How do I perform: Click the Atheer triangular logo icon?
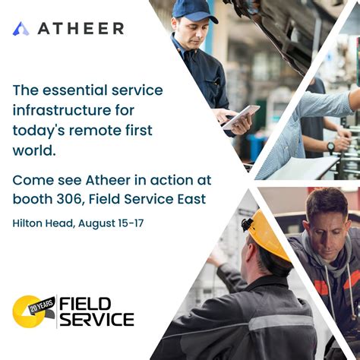click(x=21, y=29)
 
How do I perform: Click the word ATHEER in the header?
click(x=81, y=29)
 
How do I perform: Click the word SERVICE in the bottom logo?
click(x=96, y=319)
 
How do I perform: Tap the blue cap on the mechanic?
click(x=194, y=9)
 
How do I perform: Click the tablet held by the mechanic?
click(x=241, y=115)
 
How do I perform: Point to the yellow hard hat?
click(x=270, y=235)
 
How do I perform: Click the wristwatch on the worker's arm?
click(x=332, y=146)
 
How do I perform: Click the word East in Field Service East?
click(x=190, y=199)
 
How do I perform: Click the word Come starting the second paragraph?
click(x=32, y=180)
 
